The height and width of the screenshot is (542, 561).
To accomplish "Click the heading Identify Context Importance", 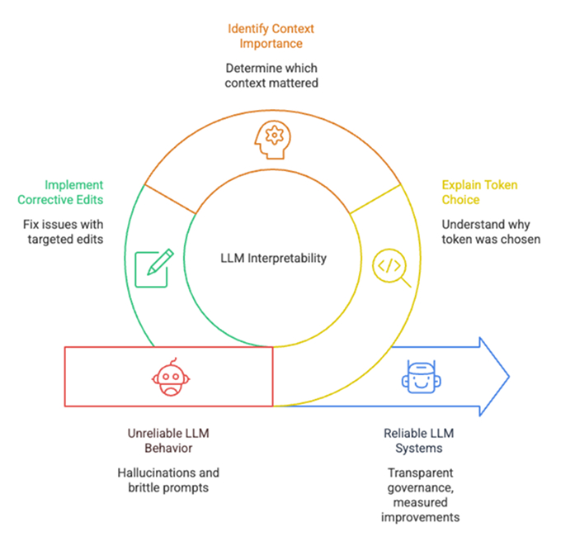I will pos(271,36).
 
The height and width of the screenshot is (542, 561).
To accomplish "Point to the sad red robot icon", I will pos(167,376).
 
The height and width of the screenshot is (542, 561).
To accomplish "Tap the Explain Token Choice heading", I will pos(480,193).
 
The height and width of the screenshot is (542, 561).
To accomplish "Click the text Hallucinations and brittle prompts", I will pos(172,480).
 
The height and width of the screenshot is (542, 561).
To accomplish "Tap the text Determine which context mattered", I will pos(271,75).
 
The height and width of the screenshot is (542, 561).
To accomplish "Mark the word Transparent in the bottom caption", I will pos(418,472).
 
